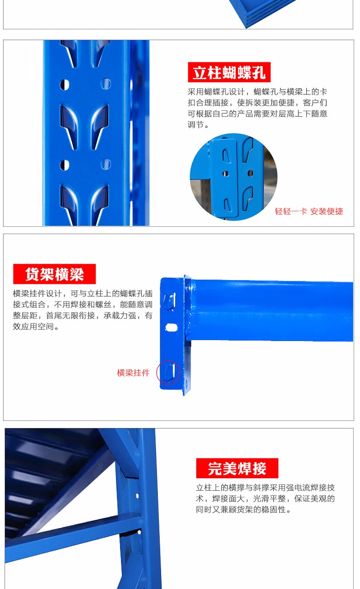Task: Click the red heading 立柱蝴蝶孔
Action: click(229, 72)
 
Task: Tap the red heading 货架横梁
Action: click(54, 274)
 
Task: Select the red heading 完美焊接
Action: click(237, 468)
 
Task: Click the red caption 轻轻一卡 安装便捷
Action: click(309, 211)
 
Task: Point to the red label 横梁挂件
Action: click(133, 373)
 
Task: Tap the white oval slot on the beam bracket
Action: click(171, 328)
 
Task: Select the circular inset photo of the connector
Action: click(233, 177)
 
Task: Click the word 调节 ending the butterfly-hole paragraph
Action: click(196, 125)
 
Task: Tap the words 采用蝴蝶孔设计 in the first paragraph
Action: click(216, 92)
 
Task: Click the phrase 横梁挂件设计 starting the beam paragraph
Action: click(37, 294)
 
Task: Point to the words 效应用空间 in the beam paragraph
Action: click(33, 327)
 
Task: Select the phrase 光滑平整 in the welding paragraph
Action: click(269, 499)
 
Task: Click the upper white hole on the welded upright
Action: click(137, 496)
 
